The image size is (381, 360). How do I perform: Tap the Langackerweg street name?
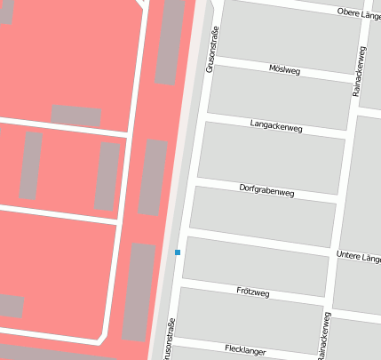[276, 126]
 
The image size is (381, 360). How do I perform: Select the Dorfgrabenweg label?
[266, 188]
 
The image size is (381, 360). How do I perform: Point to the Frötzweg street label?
[254, 291]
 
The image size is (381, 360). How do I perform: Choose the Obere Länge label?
[359, 12]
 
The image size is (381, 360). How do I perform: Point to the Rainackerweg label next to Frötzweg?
[324, 336]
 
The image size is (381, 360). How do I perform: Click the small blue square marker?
[178, 252]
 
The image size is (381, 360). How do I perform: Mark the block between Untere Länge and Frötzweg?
[256, 266]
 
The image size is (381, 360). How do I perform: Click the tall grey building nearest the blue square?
[139, 291]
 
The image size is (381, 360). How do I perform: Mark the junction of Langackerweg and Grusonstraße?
[202, 115]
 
